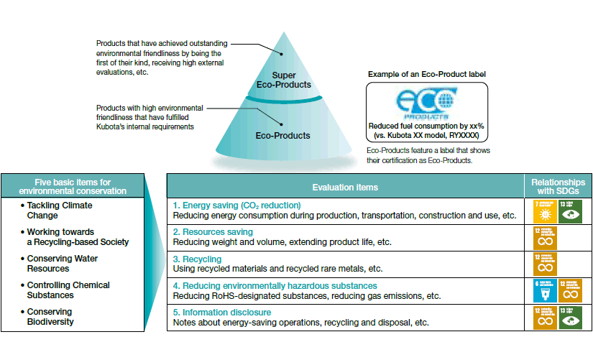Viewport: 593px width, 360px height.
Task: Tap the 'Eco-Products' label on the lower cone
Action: coord(282,135)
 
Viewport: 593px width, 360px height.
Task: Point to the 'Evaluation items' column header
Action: coord(345,187)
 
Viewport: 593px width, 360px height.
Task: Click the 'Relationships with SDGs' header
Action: coord(558,186)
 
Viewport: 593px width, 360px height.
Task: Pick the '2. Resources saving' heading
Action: coord(213,232)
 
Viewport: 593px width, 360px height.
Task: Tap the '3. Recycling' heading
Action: coord(198,258)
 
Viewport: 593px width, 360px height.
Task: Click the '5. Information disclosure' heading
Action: coord(222,313)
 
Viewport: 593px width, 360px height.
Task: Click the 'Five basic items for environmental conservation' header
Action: coord(73,186)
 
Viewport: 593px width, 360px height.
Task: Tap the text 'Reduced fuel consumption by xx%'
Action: coord(426,126)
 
